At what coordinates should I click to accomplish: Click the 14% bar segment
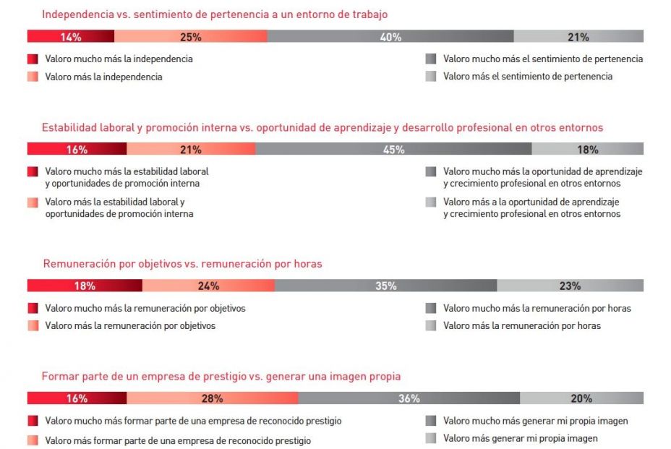point(71,37)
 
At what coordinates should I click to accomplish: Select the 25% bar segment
point(191,37)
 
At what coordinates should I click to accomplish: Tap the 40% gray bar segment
point(390,37)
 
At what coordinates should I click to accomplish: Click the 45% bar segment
point(393,149)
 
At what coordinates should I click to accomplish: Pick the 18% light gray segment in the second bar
point(587,149)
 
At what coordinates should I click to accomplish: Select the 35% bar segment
point(386,286)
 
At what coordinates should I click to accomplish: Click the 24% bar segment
point(208,286)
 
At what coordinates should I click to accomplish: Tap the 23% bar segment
point(570,286)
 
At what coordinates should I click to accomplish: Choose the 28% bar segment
point(213,398)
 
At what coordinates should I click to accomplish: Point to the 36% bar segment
point(409,398)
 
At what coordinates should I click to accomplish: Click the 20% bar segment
point(581,398)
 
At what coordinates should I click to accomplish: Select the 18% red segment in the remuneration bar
point(85,286)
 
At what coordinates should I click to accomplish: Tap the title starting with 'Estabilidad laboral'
point(322,128)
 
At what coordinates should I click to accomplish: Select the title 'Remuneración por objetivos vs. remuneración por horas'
point(182,264)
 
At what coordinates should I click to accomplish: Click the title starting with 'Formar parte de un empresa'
point(221,377)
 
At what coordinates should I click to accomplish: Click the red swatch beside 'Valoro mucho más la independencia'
point(33,59)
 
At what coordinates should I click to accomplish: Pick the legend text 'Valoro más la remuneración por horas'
point(522,326)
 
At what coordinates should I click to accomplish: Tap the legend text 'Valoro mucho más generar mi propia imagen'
point(536,421)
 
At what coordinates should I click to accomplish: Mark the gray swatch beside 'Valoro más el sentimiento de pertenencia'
point(431,77)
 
